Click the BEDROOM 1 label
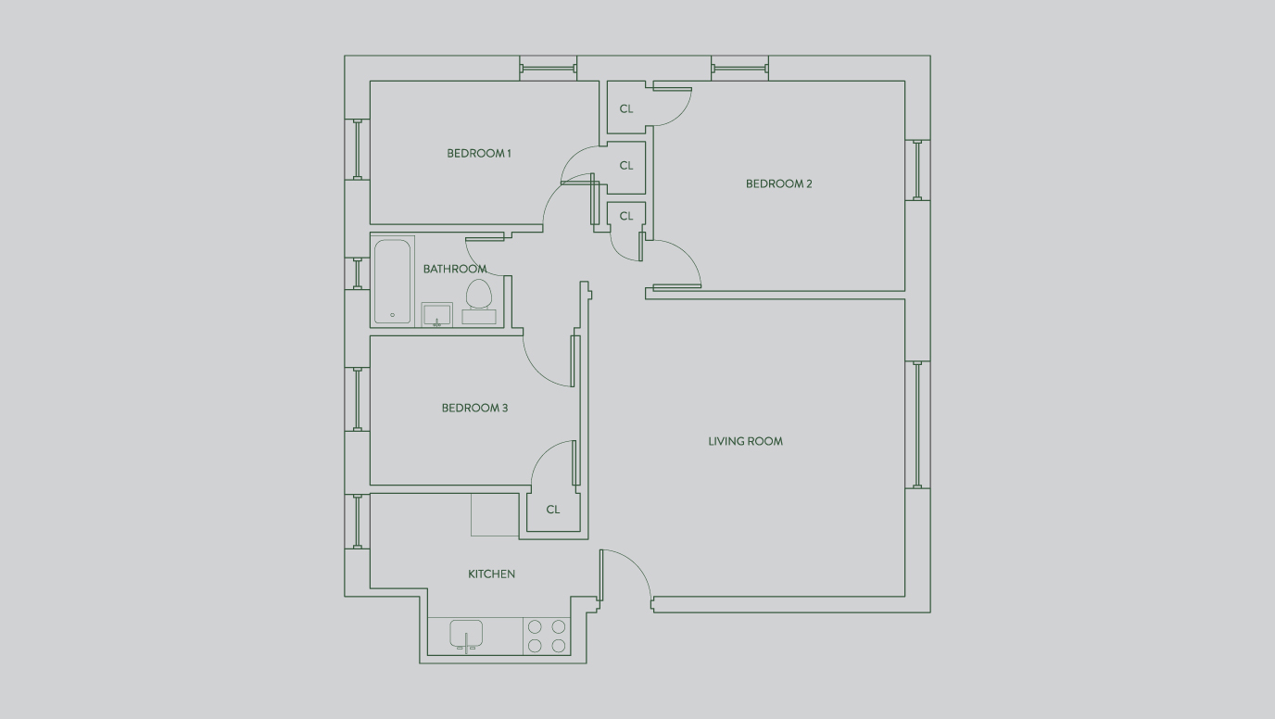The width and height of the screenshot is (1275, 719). (478, 153)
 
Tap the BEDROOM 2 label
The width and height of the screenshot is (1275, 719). (778, 183)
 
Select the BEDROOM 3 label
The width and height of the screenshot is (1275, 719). (474, 408)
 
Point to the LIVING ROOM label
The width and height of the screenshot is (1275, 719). (745, 441)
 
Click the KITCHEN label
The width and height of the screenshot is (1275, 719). (491, 574)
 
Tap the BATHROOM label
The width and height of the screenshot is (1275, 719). (454, 269)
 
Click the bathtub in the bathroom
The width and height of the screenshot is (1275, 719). (393, 282)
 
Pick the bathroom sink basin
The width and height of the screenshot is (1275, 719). (436, 315)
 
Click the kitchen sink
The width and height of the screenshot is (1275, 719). (466, 634)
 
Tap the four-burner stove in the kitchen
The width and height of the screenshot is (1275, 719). (547, 637)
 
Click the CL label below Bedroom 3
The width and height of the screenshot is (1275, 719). (553, 510)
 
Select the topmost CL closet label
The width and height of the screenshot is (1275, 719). (626, 108)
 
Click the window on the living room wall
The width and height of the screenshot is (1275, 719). (917, 424)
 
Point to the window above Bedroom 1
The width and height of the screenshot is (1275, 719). (548, 68)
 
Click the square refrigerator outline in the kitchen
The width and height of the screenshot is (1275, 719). (495, 515)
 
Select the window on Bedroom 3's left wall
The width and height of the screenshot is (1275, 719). (357, 398)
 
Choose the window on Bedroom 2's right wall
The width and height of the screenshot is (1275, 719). (917, 170)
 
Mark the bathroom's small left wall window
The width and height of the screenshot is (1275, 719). (357, 273)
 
